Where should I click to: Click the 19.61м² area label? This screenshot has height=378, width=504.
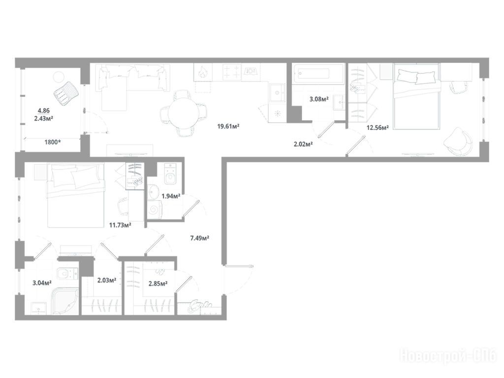pos(228,126)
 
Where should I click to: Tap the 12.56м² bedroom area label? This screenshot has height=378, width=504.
pos(378,127)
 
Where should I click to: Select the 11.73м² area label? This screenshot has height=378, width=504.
pos(120,225)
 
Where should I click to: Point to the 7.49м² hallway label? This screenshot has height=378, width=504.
pos(200,238)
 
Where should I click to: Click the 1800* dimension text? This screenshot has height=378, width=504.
pos(53,142)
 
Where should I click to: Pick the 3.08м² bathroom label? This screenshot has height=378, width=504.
pos(319,99)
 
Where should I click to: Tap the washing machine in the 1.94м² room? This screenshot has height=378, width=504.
pos(155,210)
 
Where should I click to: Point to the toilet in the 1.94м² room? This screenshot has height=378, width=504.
pos(170,174)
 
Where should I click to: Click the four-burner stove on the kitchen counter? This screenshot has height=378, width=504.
pos(232,72)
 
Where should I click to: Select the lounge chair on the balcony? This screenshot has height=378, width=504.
pos(66,93)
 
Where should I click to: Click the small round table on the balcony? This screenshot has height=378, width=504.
pos(59,77)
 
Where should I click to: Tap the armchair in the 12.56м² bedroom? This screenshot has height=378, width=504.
pos(458,142)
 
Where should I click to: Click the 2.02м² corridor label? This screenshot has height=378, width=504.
pos(303,144)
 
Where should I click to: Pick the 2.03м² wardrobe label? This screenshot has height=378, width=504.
pos(107,280)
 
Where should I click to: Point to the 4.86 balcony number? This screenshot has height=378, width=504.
pos(44,111)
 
